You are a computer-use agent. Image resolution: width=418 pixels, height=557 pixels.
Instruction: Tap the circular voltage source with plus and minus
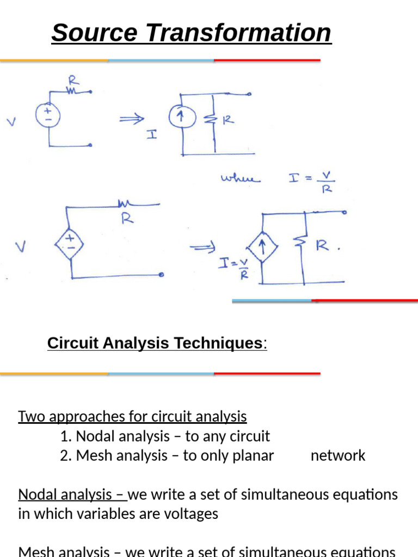[x=48, y=115]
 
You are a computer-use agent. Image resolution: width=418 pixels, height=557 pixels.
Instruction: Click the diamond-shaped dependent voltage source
[x=70, y=244]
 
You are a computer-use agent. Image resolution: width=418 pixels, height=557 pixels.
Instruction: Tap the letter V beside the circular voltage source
[x=11, y=122]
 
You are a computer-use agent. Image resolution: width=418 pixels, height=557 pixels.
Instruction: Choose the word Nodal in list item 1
[x=93, y=436]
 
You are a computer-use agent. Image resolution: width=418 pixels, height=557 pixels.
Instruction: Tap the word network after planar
[x=338, y=456]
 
